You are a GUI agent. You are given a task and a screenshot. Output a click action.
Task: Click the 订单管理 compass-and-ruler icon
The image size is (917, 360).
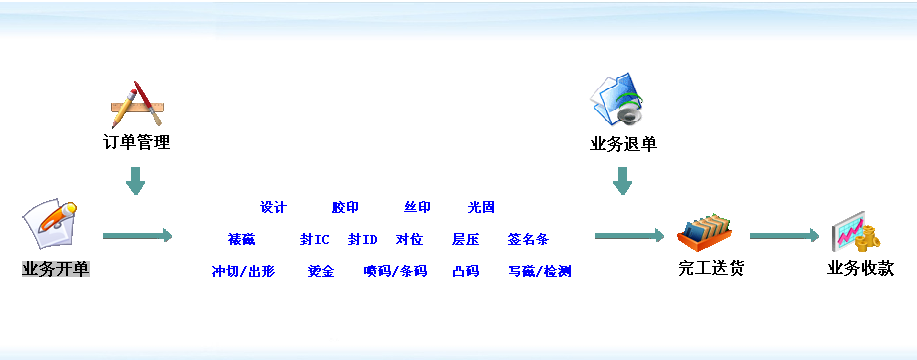click(x=137, y=104)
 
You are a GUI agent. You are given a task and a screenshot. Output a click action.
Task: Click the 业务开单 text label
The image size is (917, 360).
click(x=55, y=269)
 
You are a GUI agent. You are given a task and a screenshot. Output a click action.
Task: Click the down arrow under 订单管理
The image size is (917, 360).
click(x=136, y=181)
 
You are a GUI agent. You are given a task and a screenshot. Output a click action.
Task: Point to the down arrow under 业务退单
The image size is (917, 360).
click(x=622, y=181)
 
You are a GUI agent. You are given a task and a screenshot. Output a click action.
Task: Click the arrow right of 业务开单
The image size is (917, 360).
click(x=138, y=236)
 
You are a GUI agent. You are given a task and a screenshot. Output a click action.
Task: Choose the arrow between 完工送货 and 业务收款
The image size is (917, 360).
click(x=784, y=236)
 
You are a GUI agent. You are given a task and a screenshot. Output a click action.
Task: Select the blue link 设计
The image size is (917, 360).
click(x=273, y=208)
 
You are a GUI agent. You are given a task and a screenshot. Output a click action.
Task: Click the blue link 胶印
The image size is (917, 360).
click(x=345, y=208)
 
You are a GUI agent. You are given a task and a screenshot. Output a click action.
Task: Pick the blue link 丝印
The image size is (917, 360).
click(x=417, y=208)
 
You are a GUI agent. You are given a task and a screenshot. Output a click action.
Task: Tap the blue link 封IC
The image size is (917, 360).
click(x=314, y=240)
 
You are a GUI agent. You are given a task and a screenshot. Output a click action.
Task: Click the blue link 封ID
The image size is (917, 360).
click(x=362, y=240)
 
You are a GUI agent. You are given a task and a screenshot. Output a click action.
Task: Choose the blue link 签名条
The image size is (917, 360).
click(x=528, y=240)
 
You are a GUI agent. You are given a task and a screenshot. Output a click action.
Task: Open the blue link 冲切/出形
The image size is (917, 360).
click(x=243, y=271)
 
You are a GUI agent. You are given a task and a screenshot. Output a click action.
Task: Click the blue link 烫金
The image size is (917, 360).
click(x=321, y=271)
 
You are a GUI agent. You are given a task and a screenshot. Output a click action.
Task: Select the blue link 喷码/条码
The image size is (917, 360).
click(x=395, y=271)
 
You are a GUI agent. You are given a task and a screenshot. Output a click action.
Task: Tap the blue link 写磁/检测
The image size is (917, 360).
click(x=539, y=271)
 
